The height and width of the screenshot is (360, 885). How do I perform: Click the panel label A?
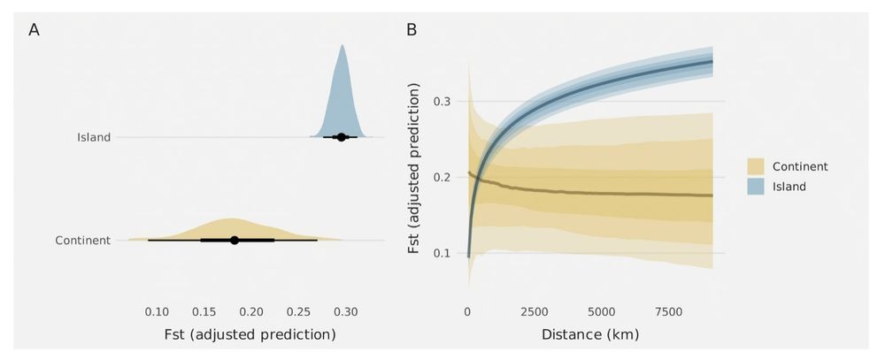pos(34,29)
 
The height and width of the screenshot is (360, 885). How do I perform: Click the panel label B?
pos(412,29)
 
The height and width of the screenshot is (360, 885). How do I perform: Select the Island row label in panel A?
pos(93,137)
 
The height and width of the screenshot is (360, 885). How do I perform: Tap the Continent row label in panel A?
pos(82,240)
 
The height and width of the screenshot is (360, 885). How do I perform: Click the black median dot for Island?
pos(341,137)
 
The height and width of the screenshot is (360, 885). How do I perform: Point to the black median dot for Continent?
pos(235,240)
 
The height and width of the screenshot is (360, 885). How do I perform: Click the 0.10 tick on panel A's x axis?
pos(157,311)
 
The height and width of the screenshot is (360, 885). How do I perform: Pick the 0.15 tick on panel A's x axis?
pos(204,311)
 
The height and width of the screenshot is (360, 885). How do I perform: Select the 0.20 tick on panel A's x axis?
pos(251,311)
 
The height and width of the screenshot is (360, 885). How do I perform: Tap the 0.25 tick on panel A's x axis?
pos(299,311)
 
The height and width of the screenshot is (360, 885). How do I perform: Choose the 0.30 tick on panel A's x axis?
pos(346,311)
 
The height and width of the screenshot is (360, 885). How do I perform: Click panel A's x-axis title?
pos(250,335)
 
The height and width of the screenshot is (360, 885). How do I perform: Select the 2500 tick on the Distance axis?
pos(535,311)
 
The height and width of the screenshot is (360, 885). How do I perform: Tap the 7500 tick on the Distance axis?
pos(669,311)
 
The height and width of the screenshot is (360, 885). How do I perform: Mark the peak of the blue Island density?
pos(342,46)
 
